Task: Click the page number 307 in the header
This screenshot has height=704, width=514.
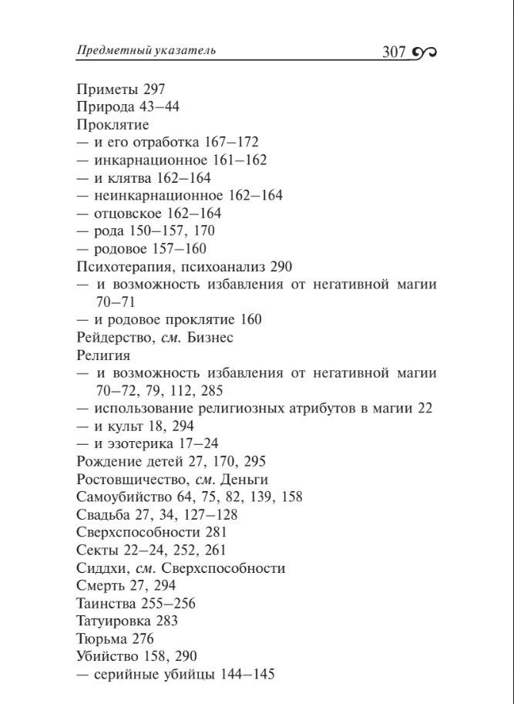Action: click(394, 52)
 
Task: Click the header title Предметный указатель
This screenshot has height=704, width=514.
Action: click(146, 51)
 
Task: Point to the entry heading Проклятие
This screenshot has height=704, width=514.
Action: click(113, 124)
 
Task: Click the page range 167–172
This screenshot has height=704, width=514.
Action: click(232, 142)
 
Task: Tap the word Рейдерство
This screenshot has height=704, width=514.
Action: click(113, 338)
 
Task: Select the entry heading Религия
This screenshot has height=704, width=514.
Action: click(103, 355)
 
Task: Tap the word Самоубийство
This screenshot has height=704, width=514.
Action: click(120, 497)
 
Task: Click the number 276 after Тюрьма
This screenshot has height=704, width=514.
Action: click(142, 639)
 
